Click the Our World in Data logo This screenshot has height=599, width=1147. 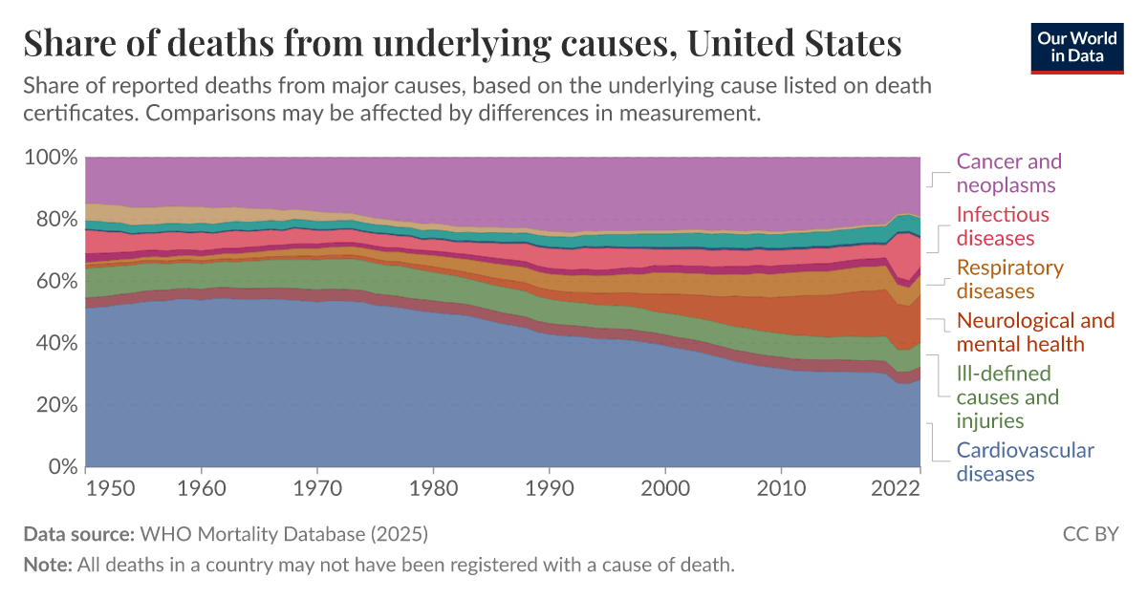(1077, 46)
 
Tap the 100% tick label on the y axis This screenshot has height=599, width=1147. (49, 157)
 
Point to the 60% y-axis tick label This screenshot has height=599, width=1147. (55, 281)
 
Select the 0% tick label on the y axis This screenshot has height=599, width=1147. (62, 467)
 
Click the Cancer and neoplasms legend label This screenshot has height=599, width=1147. (1009, 173)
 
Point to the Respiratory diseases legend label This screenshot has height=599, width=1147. (1009, 279)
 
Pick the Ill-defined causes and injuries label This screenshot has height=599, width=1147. (1007, 396)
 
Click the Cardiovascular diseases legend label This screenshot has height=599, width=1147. (1025, 461)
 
